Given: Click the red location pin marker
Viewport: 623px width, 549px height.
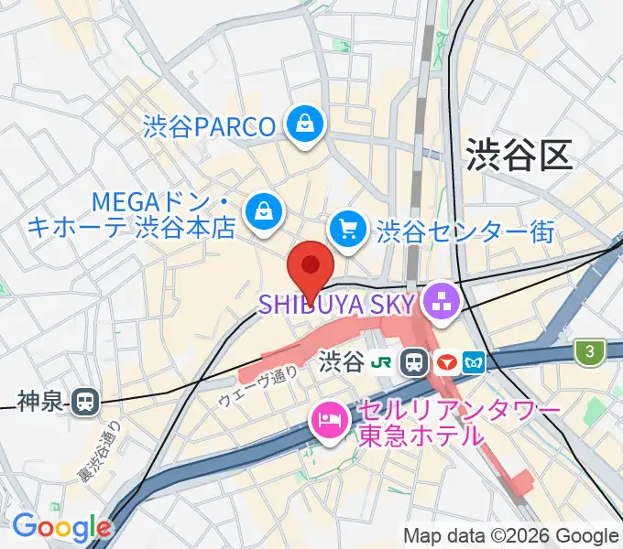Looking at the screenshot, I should click(311, 267).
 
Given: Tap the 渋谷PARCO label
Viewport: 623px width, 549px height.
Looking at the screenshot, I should click(209, 126).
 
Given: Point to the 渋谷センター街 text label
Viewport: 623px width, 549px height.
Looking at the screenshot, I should click(465, 229).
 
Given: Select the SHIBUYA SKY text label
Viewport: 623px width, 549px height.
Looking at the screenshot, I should click(338, 301).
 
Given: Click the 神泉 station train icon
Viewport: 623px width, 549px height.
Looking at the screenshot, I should click(86, 400).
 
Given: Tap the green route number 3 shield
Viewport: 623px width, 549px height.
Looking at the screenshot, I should click(585, 350).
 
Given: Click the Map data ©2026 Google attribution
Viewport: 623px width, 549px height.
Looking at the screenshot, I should click(511, 535).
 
